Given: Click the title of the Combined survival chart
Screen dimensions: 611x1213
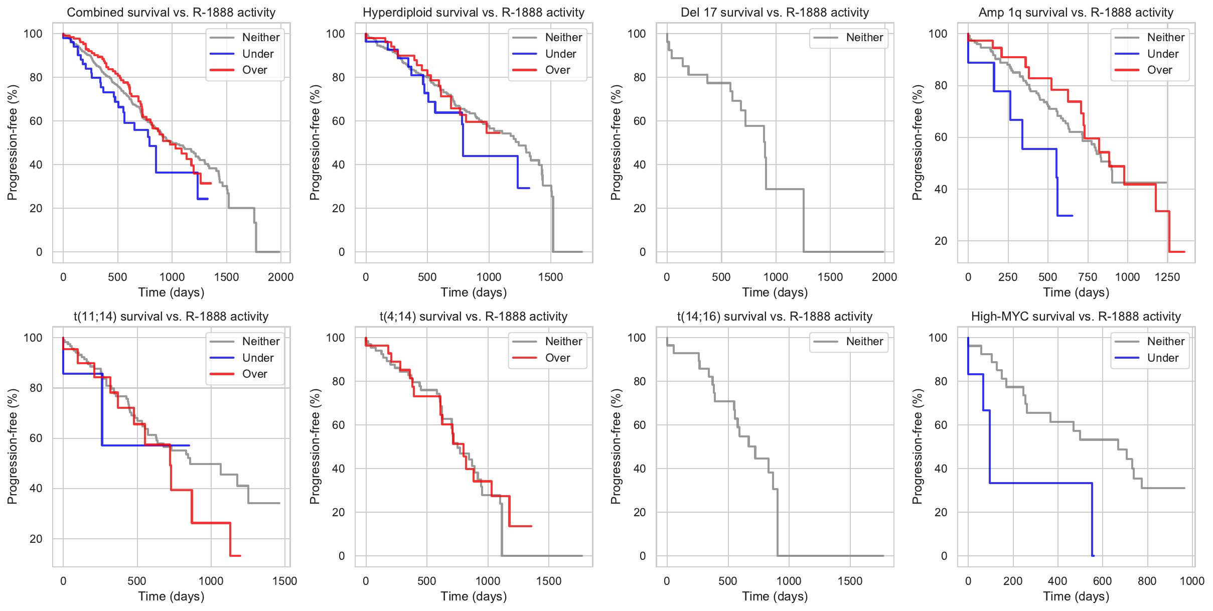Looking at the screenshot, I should coord(171,13).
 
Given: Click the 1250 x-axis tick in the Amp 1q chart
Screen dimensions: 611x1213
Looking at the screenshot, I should coord(1167,277).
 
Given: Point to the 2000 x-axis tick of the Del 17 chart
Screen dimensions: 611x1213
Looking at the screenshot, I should coord(884,277).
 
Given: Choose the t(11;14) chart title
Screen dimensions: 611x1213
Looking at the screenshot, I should coord(171,317).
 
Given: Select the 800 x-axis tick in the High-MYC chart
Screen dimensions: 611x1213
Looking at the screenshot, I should coord(1147,581).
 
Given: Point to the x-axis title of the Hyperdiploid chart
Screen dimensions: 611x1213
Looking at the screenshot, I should coord(474,292).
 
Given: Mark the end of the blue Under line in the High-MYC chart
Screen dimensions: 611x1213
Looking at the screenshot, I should coord(1093,556).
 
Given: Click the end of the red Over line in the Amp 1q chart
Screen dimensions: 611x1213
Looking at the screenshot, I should coord(1184,252).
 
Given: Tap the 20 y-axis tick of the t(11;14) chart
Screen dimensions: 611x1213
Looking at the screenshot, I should coord(36,539).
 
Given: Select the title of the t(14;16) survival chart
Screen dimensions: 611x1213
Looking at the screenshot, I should coord(775,317).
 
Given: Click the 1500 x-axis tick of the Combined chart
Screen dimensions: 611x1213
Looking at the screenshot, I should coord(226,277).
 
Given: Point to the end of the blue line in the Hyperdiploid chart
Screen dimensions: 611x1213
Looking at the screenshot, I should coord(529,188).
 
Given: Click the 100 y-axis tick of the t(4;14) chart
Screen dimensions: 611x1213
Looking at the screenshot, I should coord(336,338).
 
